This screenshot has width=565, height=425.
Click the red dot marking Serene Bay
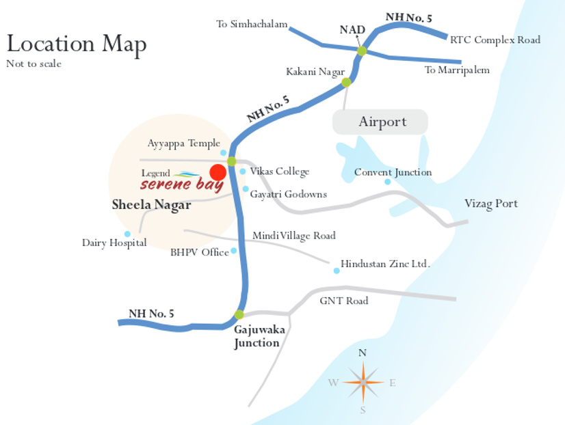click(x=218, y=172)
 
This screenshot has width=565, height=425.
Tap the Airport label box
click(x=380, y=122)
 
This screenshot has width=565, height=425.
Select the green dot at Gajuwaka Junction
click(x=239, y=315)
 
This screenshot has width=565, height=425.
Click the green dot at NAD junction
click(x=362, y=51)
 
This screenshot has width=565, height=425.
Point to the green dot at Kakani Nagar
click(x=346, y=83)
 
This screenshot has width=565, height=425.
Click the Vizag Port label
click(x=490, y=204)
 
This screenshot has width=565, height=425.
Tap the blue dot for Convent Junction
click(x=387, y=182)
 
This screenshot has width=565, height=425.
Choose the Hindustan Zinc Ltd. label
click(x=385, y=263)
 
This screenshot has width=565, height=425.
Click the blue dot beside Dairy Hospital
click(x=127, y=234)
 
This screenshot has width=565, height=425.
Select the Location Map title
click(x=76, y=44)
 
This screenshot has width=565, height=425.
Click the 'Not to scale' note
click(x=34, y=64)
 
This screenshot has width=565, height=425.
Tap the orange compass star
click(x=363, y=383)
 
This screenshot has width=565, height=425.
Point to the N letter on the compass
click(x=363, y=353)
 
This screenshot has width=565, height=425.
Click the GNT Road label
click(x=343, y=301)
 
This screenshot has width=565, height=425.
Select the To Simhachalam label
click(x=251, y=25)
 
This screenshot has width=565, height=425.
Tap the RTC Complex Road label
click(x=495, y=40)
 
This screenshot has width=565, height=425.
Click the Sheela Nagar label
click(x=151, y=205)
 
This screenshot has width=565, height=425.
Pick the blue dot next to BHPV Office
click(x=233, y=251)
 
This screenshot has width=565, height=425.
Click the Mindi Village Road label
click(x=293, y=236)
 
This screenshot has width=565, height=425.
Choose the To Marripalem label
click(x=457, y=70)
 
